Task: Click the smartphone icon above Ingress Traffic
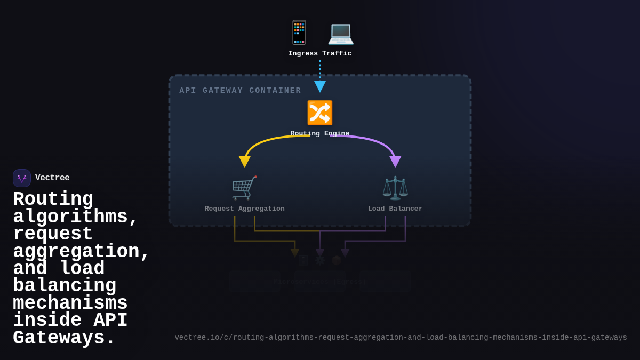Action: coord(299,33)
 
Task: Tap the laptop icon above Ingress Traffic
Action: coord(340,33)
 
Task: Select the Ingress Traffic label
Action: coord(320,53)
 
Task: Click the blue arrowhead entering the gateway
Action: coord(320,86)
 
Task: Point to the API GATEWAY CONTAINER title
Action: coord(240,91)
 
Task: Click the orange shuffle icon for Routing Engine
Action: coord(319,113)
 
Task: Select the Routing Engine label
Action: coord(320,133)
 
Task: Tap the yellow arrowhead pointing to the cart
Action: coord(245,162)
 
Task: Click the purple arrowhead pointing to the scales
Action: coord(395,162)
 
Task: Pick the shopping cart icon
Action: coord(244,188)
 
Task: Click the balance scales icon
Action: coord(395,188)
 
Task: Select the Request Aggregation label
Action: coord(244,209)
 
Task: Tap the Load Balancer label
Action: coord(395,209)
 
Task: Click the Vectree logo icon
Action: coord(22,178)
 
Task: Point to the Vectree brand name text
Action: coord(52,178)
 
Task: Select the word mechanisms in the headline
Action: coord(70,303)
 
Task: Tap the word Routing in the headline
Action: coord(53,199)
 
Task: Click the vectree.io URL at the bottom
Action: coord(401,338)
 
